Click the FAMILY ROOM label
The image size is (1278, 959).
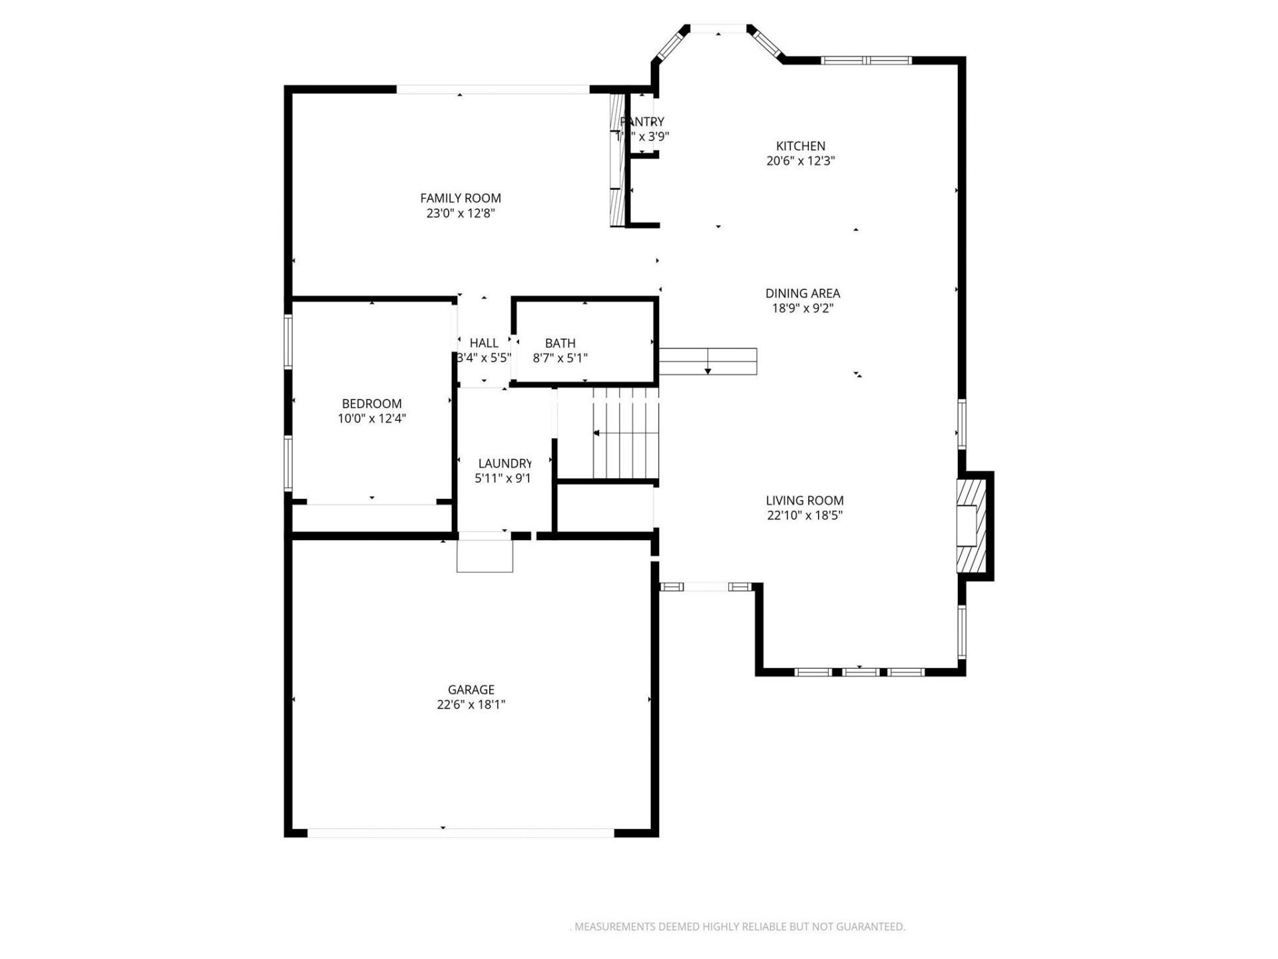pos(460,198)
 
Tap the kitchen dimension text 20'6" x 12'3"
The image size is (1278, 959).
pos(800,160)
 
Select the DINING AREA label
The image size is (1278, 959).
pos(802,293)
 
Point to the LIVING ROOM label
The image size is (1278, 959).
pos(804,500)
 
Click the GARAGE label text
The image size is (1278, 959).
pos(471,689)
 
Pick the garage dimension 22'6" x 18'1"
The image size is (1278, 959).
pos(471,705)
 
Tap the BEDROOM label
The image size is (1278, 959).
pos(371,404)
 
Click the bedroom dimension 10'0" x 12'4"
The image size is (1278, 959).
pos(371,418)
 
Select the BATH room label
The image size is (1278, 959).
pos(560,343)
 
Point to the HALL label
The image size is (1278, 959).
pos(484,343)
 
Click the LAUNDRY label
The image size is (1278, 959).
pos(505,463)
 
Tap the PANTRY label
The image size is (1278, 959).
pos(642,122)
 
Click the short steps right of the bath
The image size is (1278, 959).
pos(708,361)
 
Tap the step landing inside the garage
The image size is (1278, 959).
pos(485,555)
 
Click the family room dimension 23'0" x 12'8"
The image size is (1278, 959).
pos(460,213)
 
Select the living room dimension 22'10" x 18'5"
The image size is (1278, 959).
pos(804,515)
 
